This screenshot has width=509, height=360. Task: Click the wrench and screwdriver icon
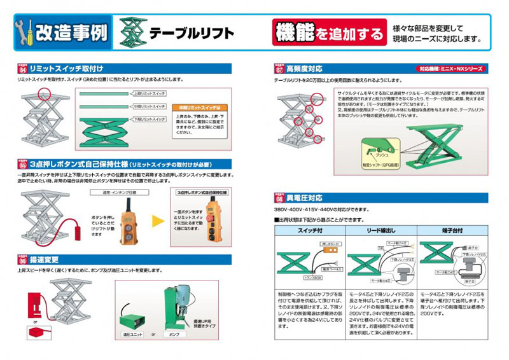[24, 32]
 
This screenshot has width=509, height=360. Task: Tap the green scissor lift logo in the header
[132, 32]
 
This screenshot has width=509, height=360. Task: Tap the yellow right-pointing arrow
[158, 222]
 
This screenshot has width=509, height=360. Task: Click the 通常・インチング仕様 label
[119, 191]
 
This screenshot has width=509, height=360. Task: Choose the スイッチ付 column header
[306, 230]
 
